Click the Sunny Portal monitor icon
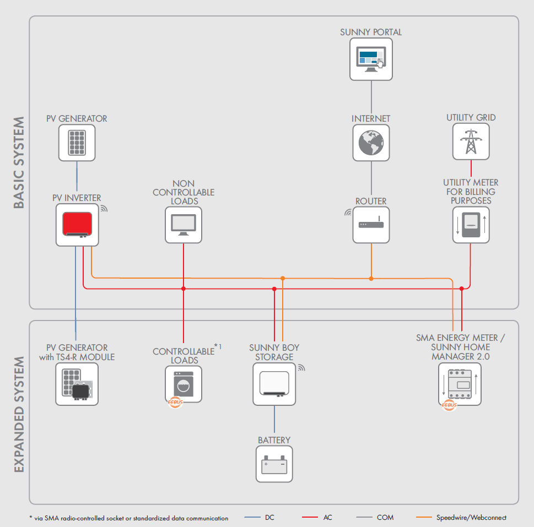(371, 59)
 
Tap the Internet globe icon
(371, 143)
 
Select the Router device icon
(371, 225)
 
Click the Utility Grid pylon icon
(471, 142)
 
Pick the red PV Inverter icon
(77, 225)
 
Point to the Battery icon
(274, 464)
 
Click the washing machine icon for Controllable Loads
(184, 384)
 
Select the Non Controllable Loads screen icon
(184, 225)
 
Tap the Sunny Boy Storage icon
(274, 384)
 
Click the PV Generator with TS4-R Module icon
(77, 384)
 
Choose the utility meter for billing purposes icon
(471, 225)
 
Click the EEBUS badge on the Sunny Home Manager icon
(449, 405)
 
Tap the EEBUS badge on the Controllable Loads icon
(175, 402)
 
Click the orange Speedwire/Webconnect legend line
(424, 518)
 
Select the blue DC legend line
(252, 518)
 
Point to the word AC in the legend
(328, 518)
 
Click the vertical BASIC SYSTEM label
(19, 162)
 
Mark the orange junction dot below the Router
(371, 279)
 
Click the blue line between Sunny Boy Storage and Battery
(274, 419)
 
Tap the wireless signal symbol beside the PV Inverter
(104, 209)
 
